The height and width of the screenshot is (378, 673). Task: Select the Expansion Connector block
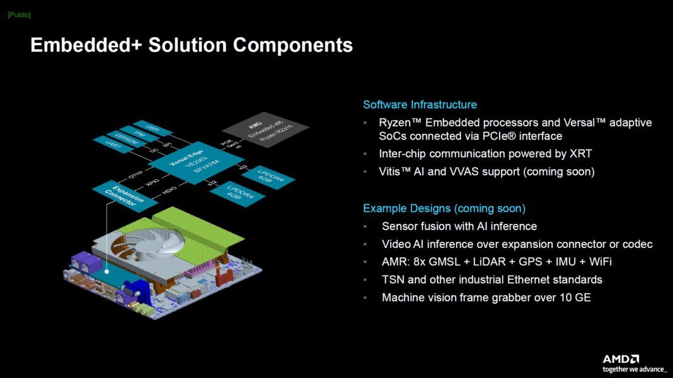124,194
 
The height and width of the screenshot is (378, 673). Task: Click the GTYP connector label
135,174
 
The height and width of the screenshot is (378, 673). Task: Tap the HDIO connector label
169,191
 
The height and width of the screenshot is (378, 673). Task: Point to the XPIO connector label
152,182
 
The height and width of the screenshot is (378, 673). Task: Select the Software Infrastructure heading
420,105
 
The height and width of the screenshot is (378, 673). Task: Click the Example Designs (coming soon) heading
444,208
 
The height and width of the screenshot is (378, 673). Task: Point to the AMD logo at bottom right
620,359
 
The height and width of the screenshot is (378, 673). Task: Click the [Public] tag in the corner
19,14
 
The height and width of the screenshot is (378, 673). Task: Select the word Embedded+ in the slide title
86,45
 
